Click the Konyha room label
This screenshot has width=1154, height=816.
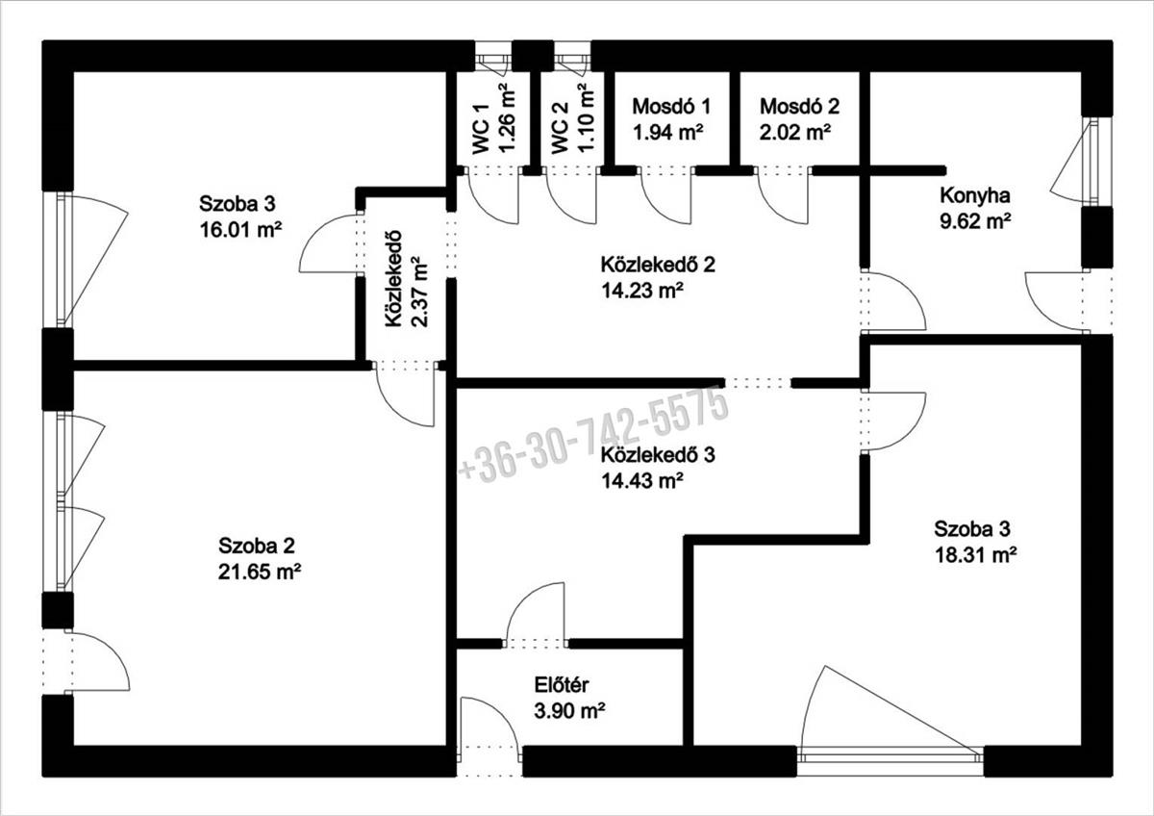(x=975, y=196)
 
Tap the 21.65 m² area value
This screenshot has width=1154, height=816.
(x=260, y=572)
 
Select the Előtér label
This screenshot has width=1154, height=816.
(x=561, y=685)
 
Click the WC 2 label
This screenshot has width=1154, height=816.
(x=559, y=129)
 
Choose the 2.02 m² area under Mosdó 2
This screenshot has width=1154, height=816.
(x=795, y=133)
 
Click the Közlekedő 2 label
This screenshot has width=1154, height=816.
(x=658, y=265)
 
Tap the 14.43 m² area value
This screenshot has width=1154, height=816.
(x=642, y=481)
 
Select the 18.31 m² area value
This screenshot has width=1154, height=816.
(x=975, y=555)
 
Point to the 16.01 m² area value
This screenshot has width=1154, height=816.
(x=240, y=230)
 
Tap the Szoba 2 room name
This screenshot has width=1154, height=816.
(x=257, y=546)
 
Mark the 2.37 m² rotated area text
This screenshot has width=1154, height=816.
(x=419, y=292)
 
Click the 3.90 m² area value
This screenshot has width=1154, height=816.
(x=569, y=712)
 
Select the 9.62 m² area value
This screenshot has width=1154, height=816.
(x=975, y=222)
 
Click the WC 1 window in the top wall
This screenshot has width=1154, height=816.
(x=493, y=56)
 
